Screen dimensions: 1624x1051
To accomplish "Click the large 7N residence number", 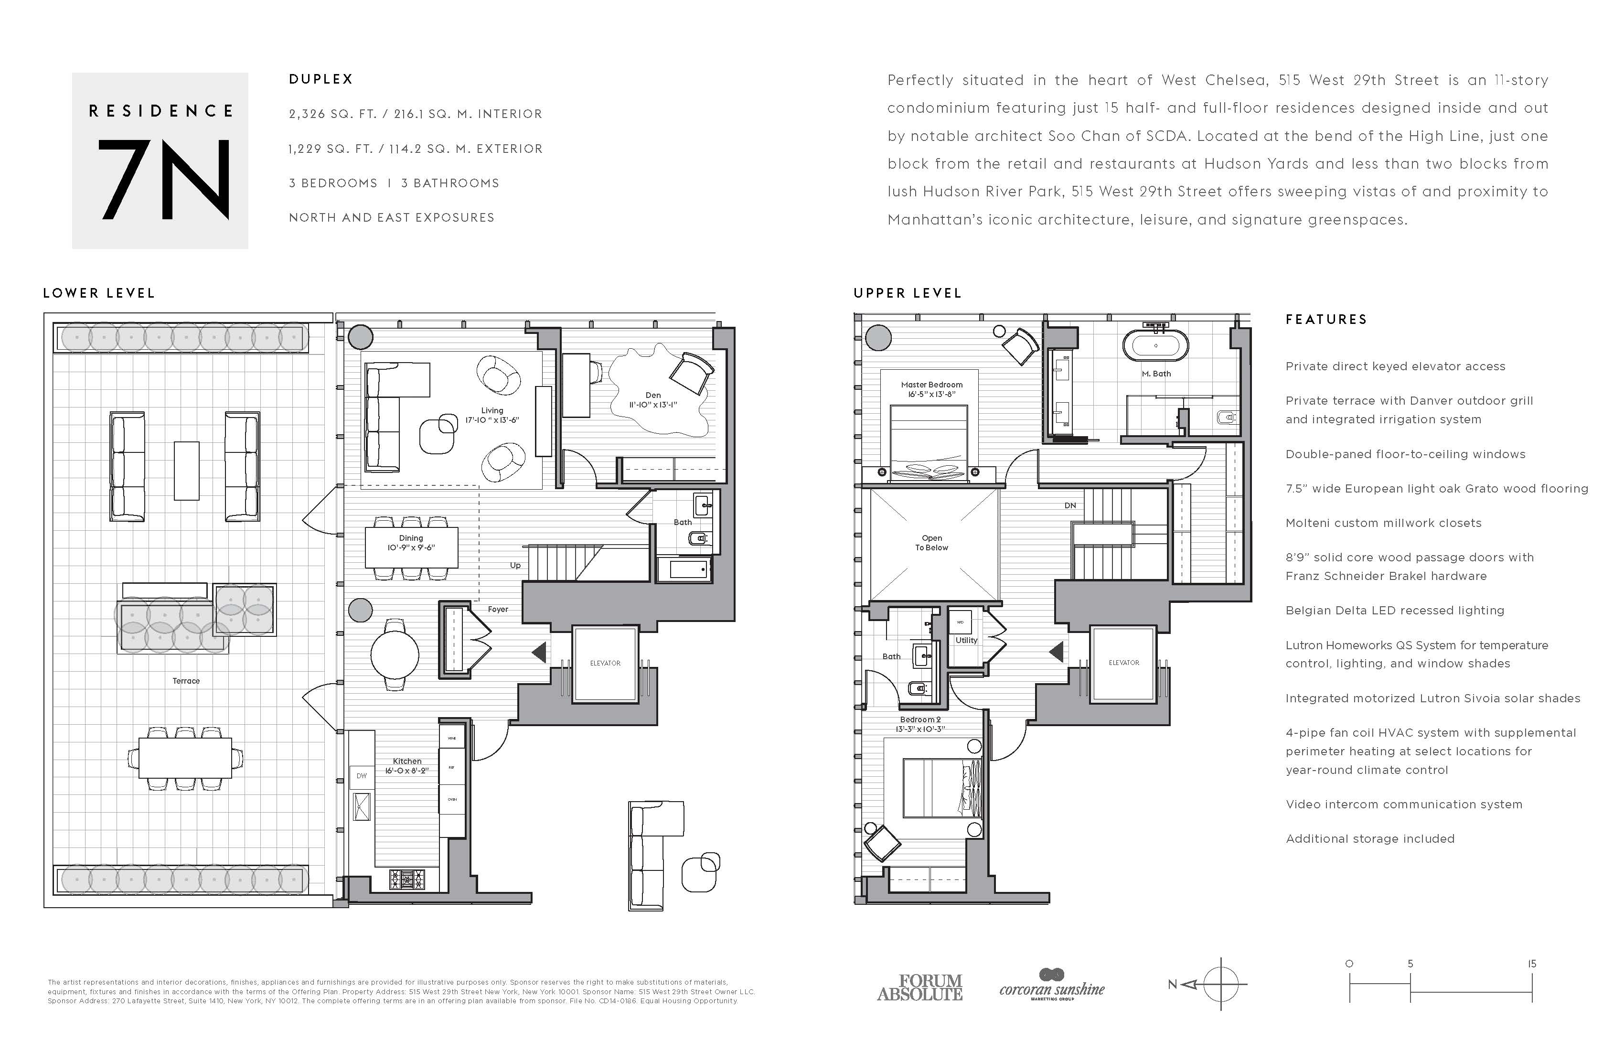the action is (x=164, y=180).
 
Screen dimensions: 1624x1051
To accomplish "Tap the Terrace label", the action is (x=186, y=680).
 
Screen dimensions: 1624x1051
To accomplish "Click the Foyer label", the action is (x=497, y=610).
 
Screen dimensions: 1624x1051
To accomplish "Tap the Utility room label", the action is (x=966, y=640).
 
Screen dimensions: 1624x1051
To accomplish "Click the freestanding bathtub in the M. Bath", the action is (x=1155, y=346).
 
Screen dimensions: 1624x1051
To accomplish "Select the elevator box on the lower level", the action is (x=605, y=664).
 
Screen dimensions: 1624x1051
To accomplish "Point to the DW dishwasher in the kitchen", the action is (x=362, y=776).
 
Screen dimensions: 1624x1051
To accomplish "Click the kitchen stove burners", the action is (x=406, y=879).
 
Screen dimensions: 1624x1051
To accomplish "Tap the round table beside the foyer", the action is (x=395, y=654).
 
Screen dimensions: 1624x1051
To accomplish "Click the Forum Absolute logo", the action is (x=920, y=987).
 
